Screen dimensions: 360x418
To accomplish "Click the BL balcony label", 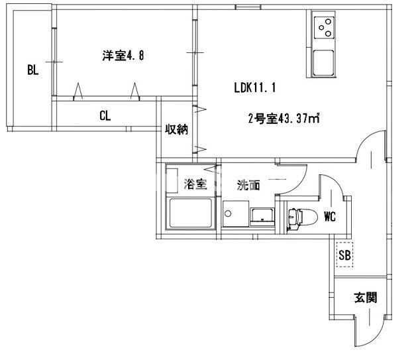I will [32, 69].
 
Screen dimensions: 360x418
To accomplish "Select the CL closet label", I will [105, 115].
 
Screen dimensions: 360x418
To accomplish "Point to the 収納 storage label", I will [176, 129].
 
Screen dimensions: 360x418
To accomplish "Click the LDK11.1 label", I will [254, 87].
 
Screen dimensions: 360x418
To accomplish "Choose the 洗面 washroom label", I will [249, 186].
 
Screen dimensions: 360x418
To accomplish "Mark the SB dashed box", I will [344, 255].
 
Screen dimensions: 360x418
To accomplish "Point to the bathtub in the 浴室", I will [190, 213].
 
